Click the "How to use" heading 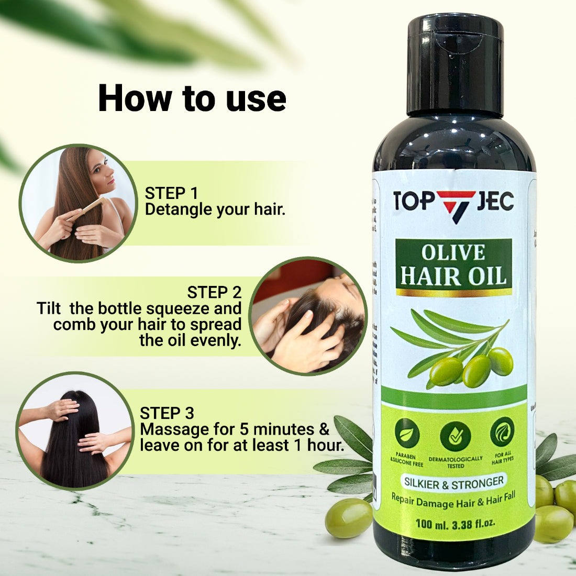click(x=192, y=98)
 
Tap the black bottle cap click(x=455, y=63)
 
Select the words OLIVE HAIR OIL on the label click(x=453, y=266)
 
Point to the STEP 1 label click(x=171, y=193)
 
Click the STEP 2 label click(x=214, y=292)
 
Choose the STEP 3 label click(x=167, y=413)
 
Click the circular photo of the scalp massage click(x=308, y=316)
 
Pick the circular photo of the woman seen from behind click(x=74, y=430)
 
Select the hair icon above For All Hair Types click(x=502, y=431)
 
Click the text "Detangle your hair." click(x=215, y=209)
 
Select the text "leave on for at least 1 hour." click(x=241, y=446)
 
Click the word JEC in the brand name click(x=495, y=202)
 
